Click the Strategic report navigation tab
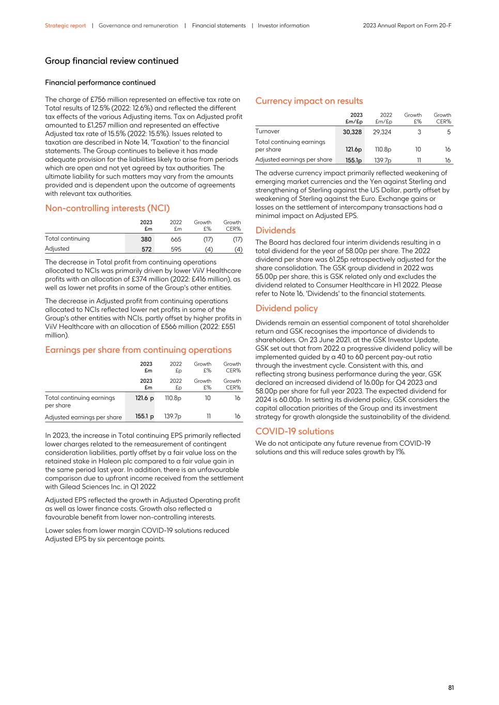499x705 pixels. pyautogui.click(x=65, y=25)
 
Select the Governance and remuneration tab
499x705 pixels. pyautogui.click(x=138, y=25)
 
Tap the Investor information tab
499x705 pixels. pyautogui.click(x=283, y=25)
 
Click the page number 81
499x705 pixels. pyautogui.click(x=450, y=687)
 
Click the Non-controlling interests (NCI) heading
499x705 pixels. pyautogui.click(x=107, y=208)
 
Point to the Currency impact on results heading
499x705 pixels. pyautogui.click(x=309, y=101)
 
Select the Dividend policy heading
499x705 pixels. pyautogui.click(x=286, y=308)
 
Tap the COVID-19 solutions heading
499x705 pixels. pyautogui.click(x=294, y=431)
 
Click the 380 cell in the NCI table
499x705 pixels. pyautogui.click(x=146, y=239)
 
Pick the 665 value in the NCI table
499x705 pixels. pyautogui.click(x=176, y=239)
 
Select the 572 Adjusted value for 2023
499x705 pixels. pyautogui.click(x=146, y=249)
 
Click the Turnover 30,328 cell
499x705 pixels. pyautogui.click(x=352, y=132)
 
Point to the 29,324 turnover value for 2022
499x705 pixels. pyautogui.click(x=382, y=132)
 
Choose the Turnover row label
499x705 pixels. pyautogui.click(x=267, y=131)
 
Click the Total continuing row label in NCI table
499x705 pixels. pyautogui.click(x=67, y=239)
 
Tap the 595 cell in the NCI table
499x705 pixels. pyautogui.click(x=176, y=249)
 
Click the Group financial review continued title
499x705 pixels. pyautogui.click(x=112, y=61)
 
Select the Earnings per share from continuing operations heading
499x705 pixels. pyautogui.click(x=138, y=350)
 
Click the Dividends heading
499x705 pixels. pyautogui.click(x=275, y=230)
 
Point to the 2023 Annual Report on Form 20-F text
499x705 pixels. pyautogui.click(x=407, y=25)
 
